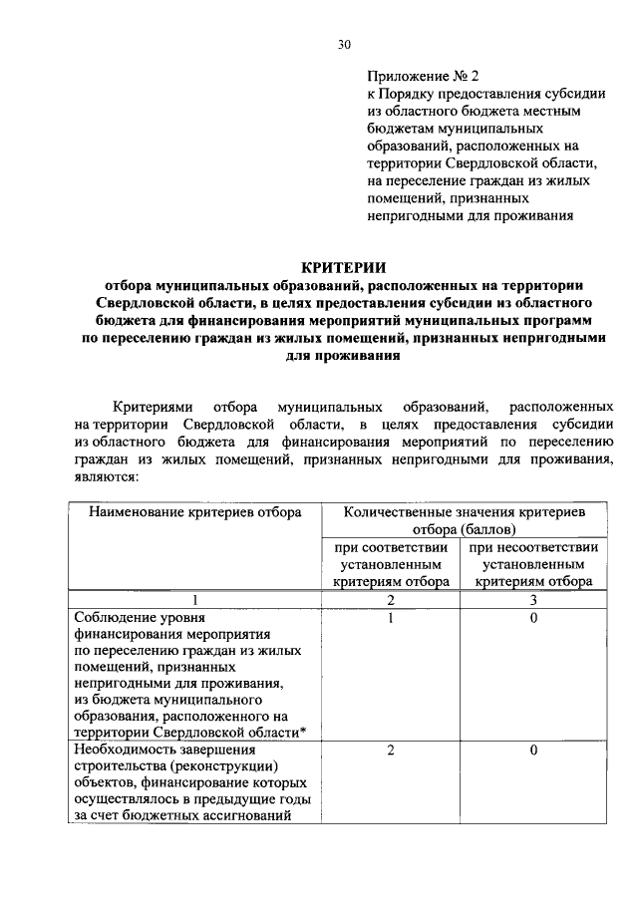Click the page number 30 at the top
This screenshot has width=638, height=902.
click(x=344, y=44)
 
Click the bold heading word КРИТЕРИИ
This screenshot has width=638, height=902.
click(x=345, y=266)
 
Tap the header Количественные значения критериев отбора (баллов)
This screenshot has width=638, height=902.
click(x=464, y=519)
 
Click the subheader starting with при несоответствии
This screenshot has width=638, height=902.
click(x=533, y=564)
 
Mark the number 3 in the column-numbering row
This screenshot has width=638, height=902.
click(x=533, y=600)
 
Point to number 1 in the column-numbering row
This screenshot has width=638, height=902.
click(x=195, y=600)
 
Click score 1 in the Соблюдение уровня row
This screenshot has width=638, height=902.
click(x=391, y=619)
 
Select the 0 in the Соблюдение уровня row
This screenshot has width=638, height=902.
click(x=533, y=619)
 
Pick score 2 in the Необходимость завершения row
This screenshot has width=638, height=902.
click(x=391, y=751)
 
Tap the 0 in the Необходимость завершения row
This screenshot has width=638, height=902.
click(x=533, y=751)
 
